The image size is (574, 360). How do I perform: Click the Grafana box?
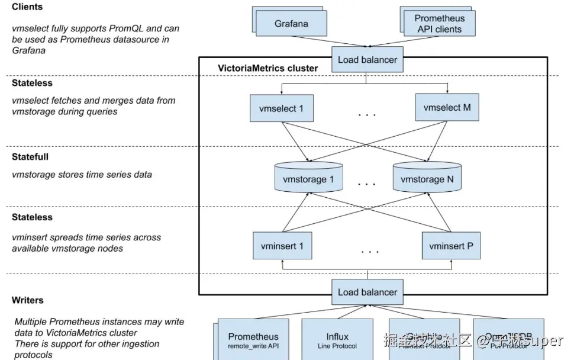(292, 24)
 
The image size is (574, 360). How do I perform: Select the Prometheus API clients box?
(438, 24)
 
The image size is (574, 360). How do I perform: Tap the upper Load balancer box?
(367, 60)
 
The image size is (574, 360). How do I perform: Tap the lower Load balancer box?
(367, 292)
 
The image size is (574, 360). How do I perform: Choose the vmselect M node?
(447, 108)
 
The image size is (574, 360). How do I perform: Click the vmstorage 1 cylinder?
(309, 178)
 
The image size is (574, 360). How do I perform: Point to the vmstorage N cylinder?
(427, 178)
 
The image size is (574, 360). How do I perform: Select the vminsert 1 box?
(282, 246)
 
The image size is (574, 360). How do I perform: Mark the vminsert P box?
(451, 246)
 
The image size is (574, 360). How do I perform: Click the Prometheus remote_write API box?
(253, 340)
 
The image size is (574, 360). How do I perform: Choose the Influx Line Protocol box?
(337, 340)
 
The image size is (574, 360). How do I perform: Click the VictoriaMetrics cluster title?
(268, 68)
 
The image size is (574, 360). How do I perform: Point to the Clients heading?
(27, 7)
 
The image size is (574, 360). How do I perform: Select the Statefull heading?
(30, 157)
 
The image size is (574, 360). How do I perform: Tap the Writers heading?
(28, 300)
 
